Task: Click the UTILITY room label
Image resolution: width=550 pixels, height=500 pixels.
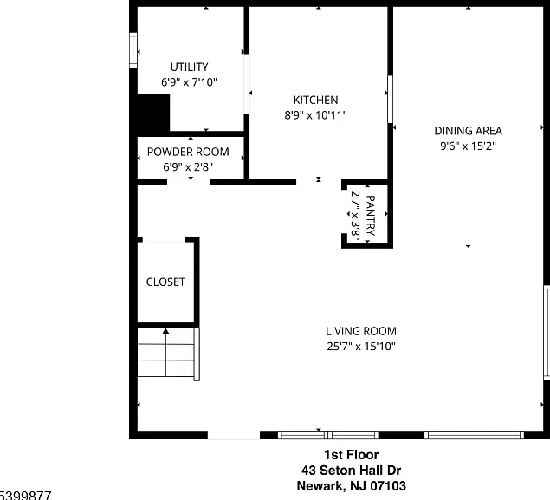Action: [189, 67]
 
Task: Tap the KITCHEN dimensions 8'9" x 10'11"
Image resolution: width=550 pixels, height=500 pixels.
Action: [315, 115]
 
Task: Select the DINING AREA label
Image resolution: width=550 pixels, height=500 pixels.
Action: [468, 131]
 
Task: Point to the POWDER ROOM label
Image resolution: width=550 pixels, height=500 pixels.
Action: [188, 152]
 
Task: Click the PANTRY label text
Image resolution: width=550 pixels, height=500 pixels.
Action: [370, 216]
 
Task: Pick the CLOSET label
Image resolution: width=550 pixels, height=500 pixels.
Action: [165, 282]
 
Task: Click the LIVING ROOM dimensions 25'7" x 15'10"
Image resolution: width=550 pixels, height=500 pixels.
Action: [361, 347]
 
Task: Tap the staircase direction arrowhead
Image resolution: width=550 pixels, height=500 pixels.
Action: [165, 331]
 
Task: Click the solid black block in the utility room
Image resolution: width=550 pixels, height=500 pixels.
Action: [153, 113]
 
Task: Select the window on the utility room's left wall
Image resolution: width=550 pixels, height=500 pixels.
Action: [133, 49]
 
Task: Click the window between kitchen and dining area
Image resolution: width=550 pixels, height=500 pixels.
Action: [390, 100]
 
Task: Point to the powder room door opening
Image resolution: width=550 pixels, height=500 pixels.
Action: [188, 182]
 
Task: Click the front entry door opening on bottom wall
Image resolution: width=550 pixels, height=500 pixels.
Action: [234, 435]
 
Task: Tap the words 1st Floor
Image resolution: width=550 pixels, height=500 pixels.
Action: [352, 455]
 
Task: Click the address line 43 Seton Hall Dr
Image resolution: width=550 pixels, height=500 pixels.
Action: [351, 471]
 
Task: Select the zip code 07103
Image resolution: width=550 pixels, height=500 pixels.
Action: [388, 486]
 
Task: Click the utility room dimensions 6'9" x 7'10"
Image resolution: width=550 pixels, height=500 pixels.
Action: [189, 82]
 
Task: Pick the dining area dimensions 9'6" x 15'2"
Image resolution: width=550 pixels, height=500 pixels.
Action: [468, 146]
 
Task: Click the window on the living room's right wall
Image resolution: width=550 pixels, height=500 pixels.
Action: [547, 332]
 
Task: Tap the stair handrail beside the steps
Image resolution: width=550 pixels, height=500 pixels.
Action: [197, 354]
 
